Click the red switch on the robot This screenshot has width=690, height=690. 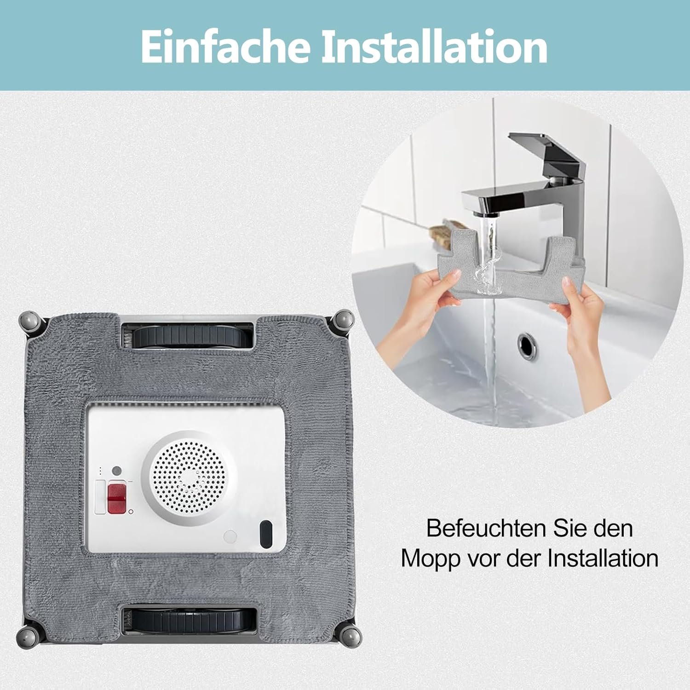pos(116,498)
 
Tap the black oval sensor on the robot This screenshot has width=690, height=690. pos(266,534)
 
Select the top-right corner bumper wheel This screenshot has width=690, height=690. pos(342,321)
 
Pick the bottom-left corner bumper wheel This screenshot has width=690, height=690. pos(29,636)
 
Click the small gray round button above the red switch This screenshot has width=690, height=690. pos(117,471)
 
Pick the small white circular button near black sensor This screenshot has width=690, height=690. pos(230,536)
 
